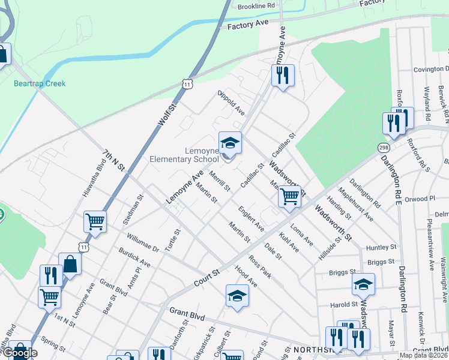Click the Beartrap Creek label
[40, 83]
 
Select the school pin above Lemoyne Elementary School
[230, 144]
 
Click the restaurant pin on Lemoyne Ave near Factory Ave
[282, 76]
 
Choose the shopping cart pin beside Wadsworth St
[289, 196]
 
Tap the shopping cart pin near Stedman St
[95, 222]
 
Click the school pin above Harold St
[363, 285]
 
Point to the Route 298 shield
[383, 148]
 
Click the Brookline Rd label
[256, 5]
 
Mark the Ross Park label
[261, 268]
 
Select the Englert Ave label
[251, 219]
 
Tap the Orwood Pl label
[420, 199]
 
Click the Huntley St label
[381, 247]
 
